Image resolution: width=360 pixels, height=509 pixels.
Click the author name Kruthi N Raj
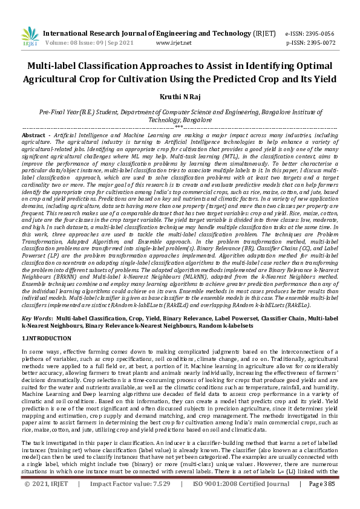coord(180,97)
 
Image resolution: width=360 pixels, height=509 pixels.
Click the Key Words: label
coord(38,317)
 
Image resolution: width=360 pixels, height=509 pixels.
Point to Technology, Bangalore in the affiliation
coord(179,120)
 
